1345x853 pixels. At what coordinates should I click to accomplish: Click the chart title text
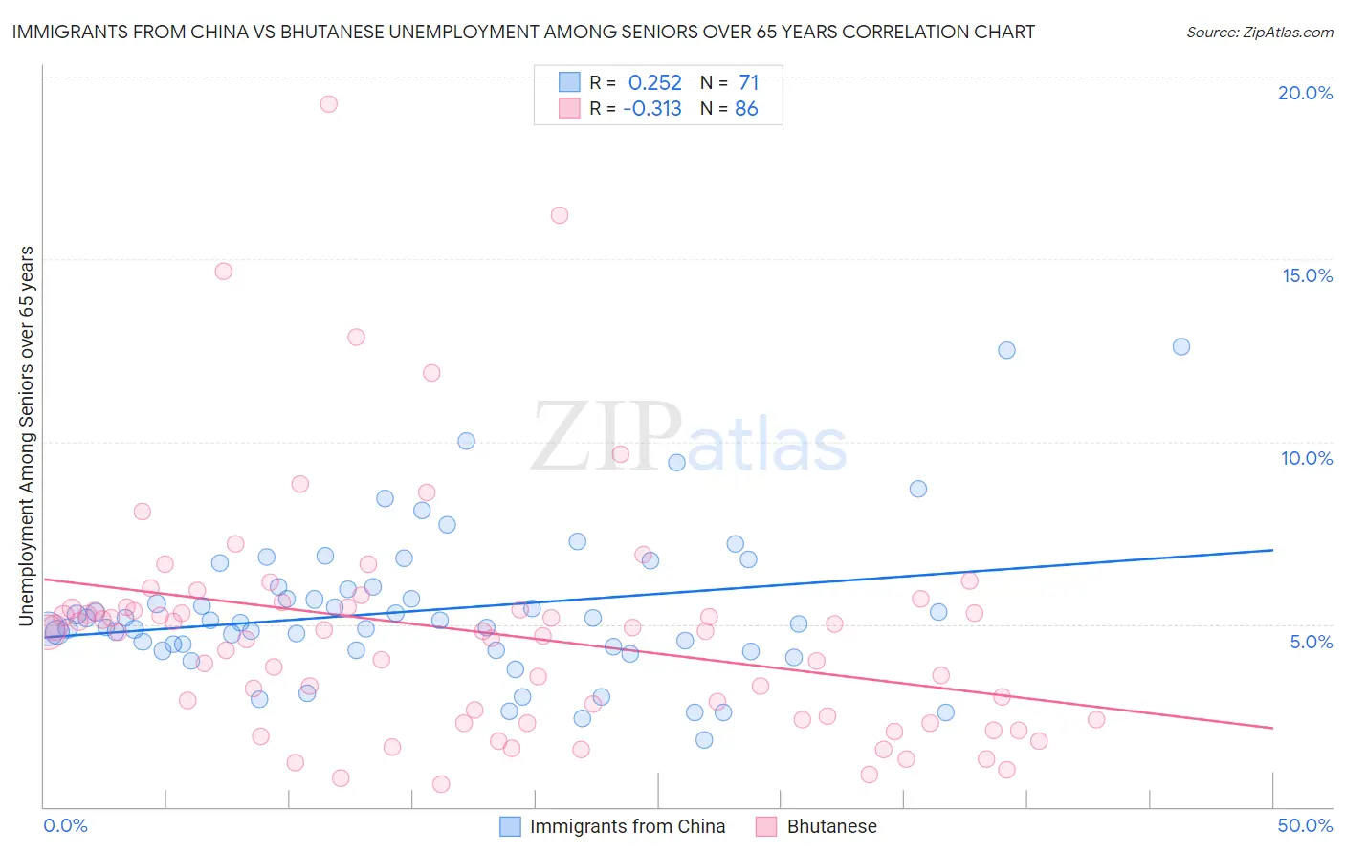point(522,32)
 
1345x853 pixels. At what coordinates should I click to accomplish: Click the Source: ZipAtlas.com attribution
point(1259,32)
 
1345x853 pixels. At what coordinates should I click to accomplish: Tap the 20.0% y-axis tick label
point(1305,93)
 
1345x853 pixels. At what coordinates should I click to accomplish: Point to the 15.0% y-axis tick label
point(1307,275)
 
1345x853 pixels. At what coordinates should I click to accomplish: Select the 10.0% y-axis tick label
point(1307,458)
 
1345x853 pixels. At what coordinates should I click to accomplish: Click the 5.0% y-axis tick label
point(1311,642)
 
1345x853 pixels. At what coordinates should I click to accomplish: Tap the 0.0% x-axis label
point(65,825)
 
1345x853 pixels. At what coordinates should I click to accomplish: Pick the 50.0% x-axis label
point(1305,825)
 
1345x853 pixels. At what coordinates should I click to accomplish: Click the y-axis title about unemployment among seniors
point(27,436)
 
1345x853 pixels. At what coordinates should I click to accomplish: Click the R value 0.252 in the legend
point(654,83)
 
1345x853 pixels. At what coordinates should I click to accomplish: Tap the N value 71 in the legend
point(748,83)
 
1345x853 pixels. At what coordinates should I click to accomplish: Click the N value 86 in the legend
point(746,109)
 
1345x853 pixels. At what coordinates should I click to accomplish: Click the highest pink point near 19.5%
point(328,104)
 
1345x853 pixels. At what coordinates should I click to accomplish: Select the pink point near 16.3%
point(560,215)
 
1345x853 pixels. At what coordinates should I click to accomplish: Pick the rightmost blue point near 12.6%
point(1181,347)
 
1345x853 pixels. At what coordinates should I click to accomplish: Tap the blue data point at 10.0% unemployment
point(466,441)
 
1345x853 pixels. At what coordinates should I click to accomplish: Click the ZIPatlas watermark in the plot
point(689,438)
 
